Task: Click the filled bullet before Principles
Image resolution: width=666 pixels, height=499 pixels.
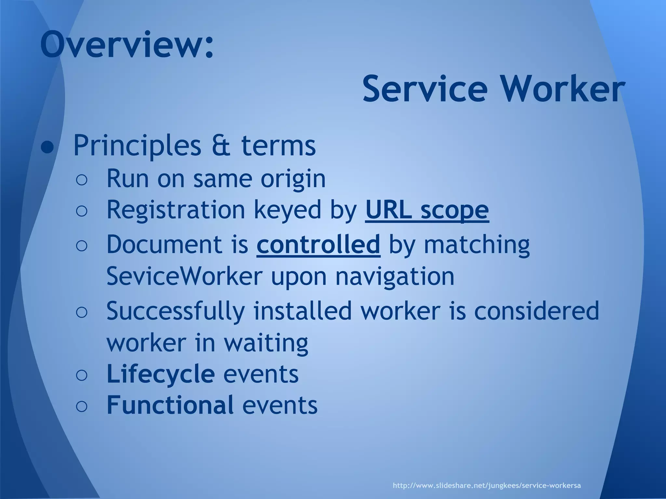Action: coord(47,148)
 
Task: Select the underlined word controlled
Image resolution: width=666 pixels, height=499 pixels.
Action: coord(318,244)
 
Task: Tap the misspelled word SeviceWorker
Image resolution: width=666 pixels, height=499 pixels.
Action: coord(184,276)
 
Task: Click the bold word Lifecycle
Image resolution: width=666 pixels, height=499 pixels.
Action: coord(160,374)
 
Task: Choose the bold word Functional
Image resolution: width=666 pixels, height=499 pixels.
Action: coord(170,405)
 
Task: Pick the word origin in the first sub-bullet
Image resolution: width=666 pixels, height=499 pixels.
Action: coord(293,179)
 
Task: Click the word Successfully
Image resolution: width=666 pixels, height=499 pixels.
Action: coord(176,311)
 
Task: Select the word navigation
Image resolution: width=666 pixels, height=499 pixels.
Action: coord(394,276)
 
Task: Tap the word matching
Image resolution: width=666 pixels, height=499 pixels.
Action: coord(477,245)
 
